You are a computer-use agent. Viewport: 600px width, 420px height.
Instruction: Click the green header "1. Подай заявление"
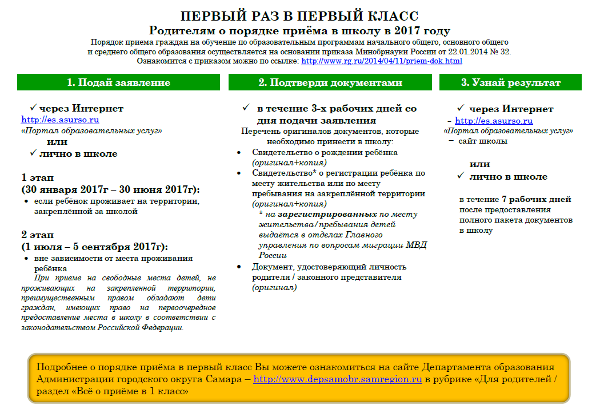(118, 82)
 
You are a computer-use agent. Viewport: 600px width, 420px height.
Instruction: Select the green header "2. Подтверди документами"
(330, 82)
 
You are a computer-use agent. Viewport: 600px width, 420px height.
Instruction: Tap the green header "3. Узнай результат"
(510, 82)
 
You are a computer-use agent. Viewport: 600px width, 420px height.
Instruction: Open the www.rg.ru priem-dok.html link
(381, 61)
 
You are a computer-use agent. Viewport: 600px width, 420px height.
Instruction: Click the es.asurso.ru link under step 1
(60, 120)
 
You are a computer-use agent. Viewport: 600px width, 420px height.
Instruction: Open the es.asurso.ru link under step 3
(494, 121)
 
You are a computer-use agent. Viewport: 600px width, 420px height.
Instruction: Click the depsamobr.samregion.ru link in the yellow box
(337, 379)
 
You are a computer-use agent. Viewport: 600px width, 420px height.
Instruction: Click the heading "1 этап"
(38, 177)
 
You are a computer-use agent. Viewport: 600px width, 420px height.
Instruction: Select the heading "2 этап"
(38, 235)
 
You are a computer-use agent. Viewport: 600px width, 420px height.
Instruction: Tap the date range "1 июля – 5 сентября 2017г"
(93, 247)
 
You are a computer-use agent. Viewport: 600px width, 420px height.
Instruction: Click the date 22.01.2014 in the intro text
(459, 51)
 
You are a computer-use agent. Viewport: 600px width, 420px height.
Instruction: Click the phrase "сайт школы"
(482, 141)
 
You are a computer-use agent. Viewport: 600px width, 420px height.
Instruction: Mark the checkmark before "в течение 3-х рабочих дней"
(245, 108)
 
